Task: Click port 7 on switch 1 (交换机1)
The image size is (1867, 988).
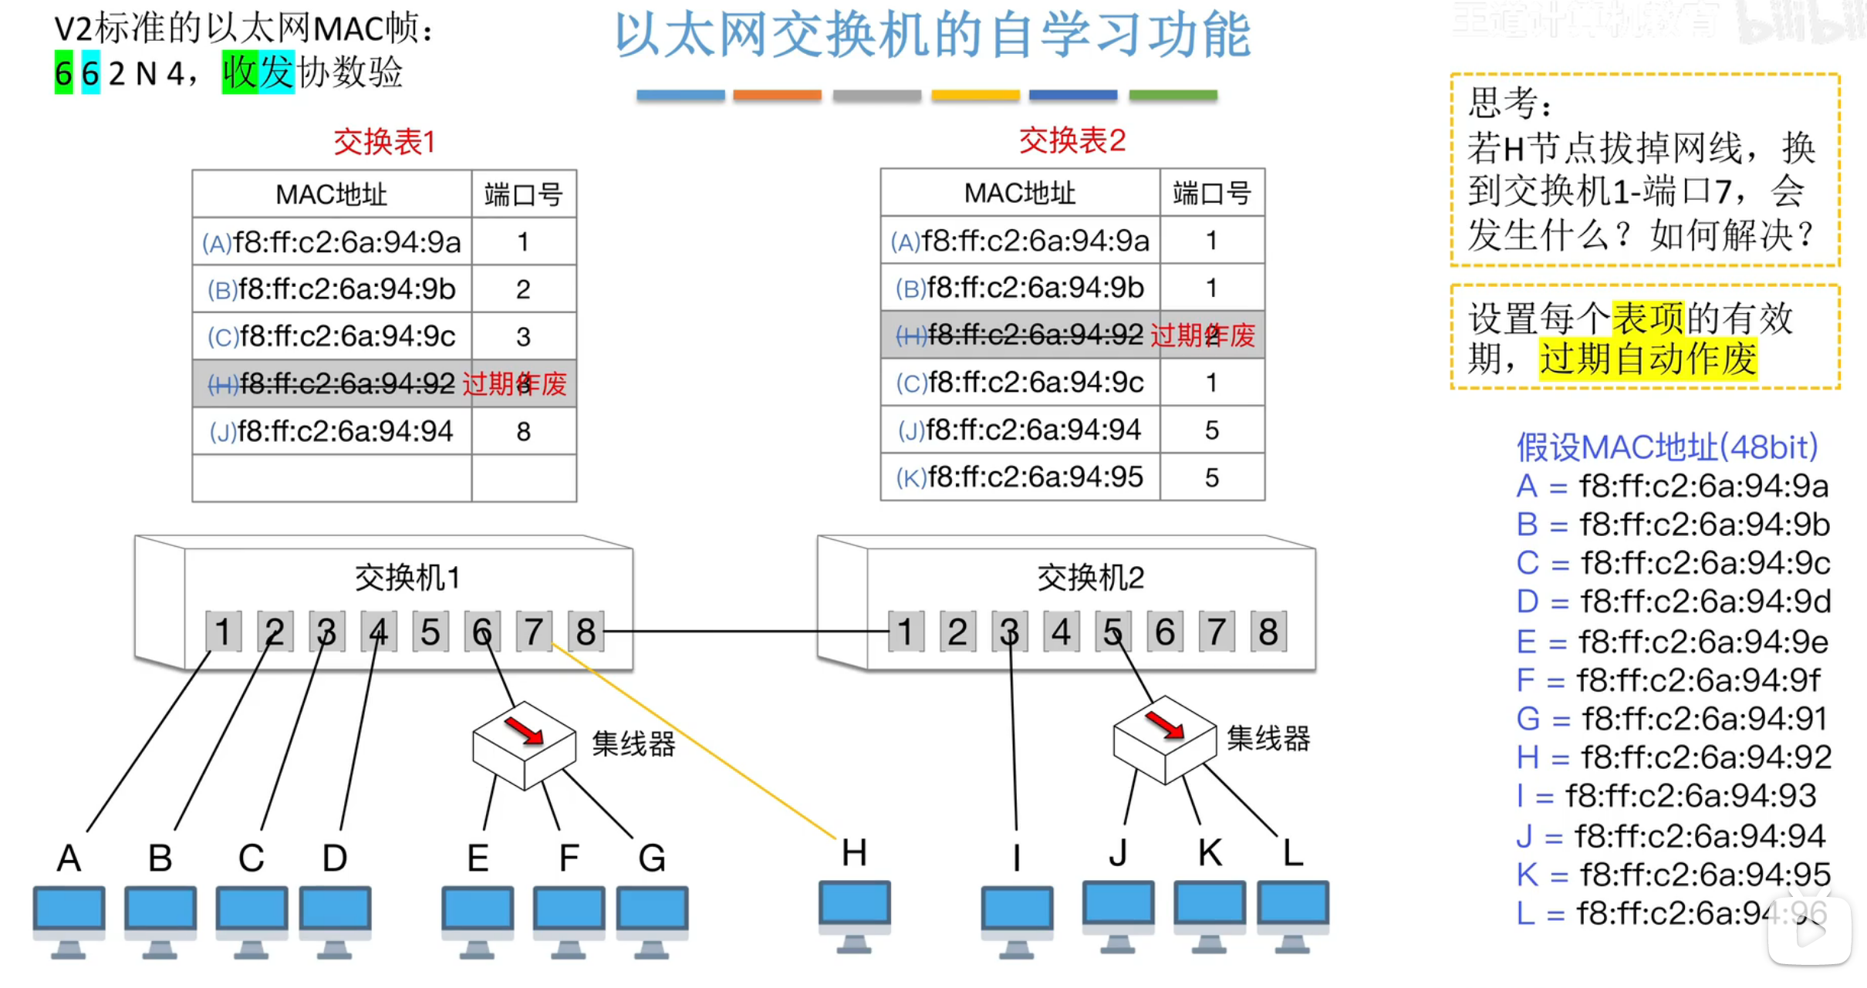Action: click(x=533, y=632)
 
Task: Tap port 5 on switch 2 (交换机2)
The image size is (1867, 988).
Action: click(x=1112, y=632)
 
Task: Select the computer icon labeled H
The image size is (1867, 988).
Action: click(x=854, y=915)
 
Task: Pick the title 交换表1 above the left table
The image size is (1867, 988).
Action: click(x=384, y=142)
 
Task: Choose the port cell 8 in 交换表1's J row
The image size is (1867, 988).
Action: click(x=523, y=431)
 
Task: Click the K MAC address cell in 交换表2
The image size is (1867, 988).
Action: click(x=1020, y=477)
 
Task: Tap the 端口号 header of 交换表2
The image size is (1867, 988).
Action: click(x=1211, y=193)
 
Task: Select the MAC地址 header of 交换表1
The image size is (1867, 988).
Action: click(x=331, y=194)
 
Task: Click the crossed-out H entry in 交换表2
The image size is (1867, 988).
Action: click(x=1020, y=335)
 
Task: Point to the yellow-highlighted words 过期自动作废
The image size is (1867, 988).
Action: click(x=1648, y=359)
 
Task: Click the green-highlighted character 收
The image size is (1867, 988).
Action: click(x=239, y=72)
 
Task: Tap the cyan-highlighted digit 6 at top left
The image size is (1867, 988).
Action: click(x=90, y=73)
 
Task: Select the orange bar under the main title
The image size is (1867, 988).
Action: click(x=777, y=95)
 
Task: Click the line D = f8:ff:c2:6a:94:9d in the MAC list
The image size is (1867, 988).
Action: click(x=1673, y=602)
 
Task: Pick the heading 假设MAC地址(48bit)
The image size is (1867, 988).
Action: click(x=1667, y=447)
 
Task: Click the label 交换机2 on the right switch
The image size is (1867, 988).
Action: click(x=1090, y=578)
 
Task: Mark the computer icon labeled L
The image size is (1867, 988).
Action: click(x=1292, y=915)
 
